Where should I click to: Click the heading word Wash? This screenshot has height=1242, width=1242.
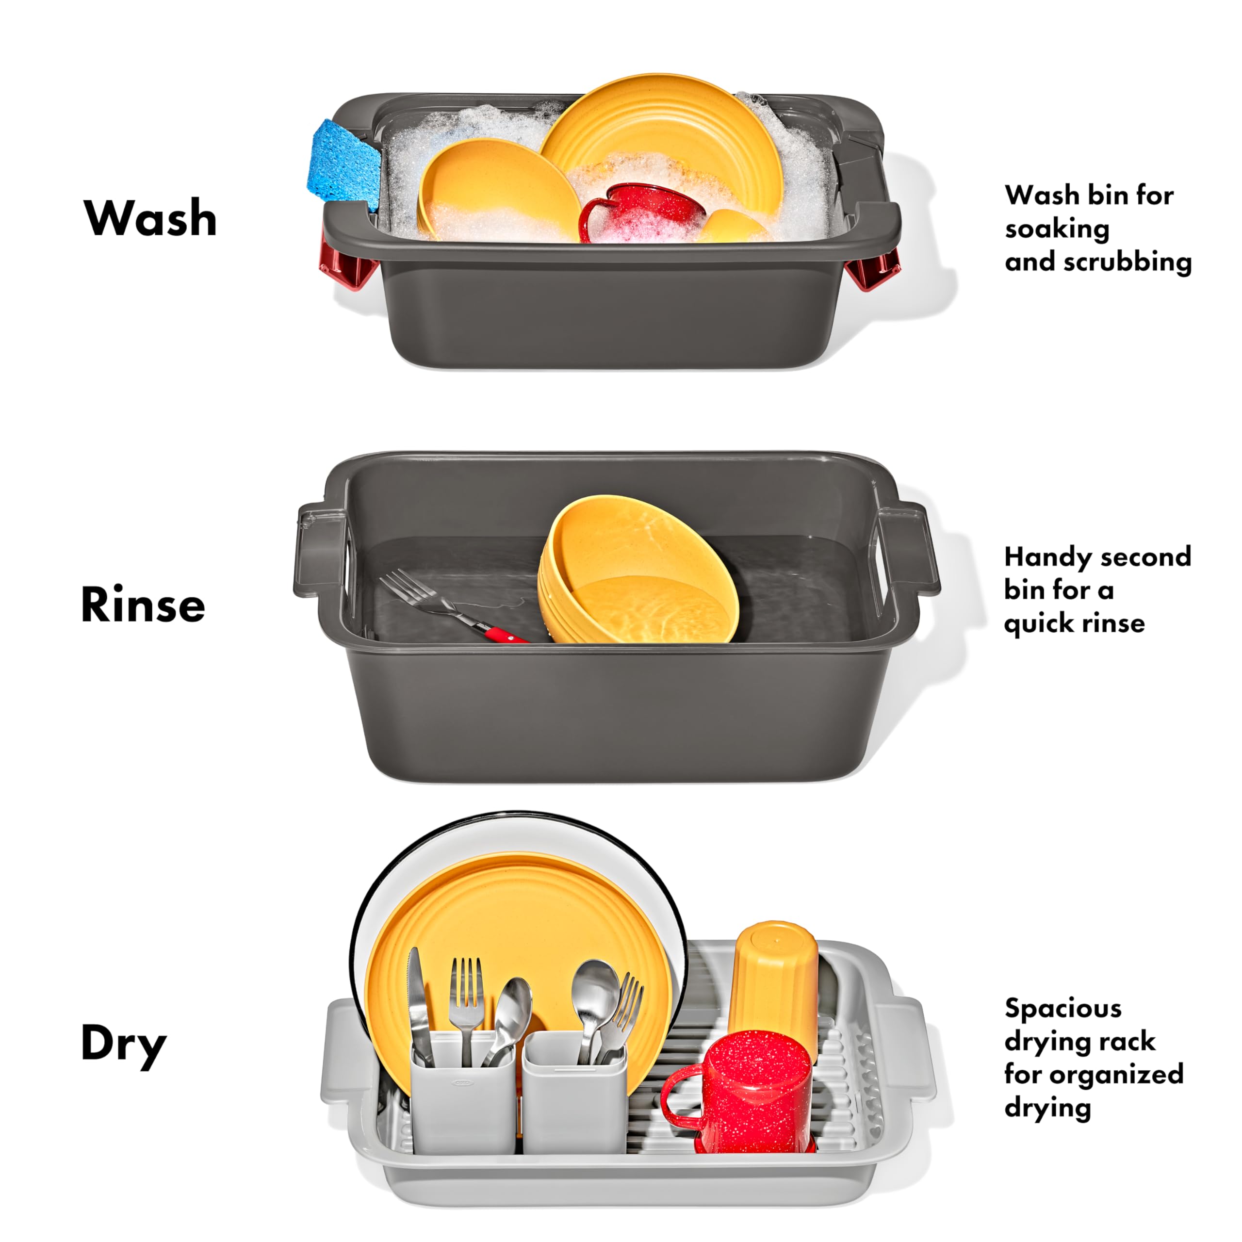point(150,218)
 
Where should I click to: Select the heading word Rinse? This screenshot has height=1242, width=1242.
point(143,605)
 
